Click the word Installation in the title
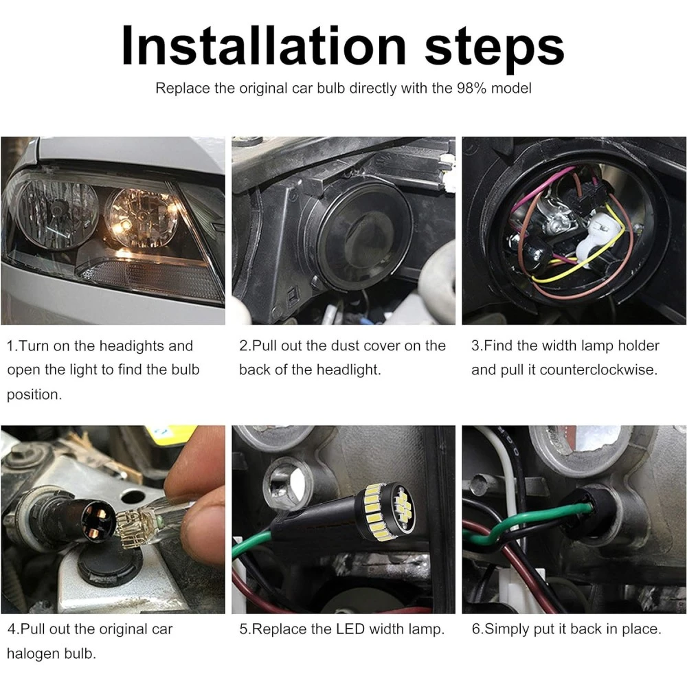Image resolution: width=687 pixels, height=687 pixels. click(264, 45)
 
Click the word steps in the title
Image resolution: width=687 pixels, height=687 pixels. click(494, 49)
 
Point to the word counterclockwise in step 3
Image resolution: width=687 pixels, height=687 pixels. click(599, 370)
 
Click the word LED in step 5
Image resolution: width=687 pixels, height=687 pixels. click(350, 629)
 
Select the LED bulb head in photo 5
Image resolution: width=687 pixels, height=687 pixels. click(386, 510)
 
